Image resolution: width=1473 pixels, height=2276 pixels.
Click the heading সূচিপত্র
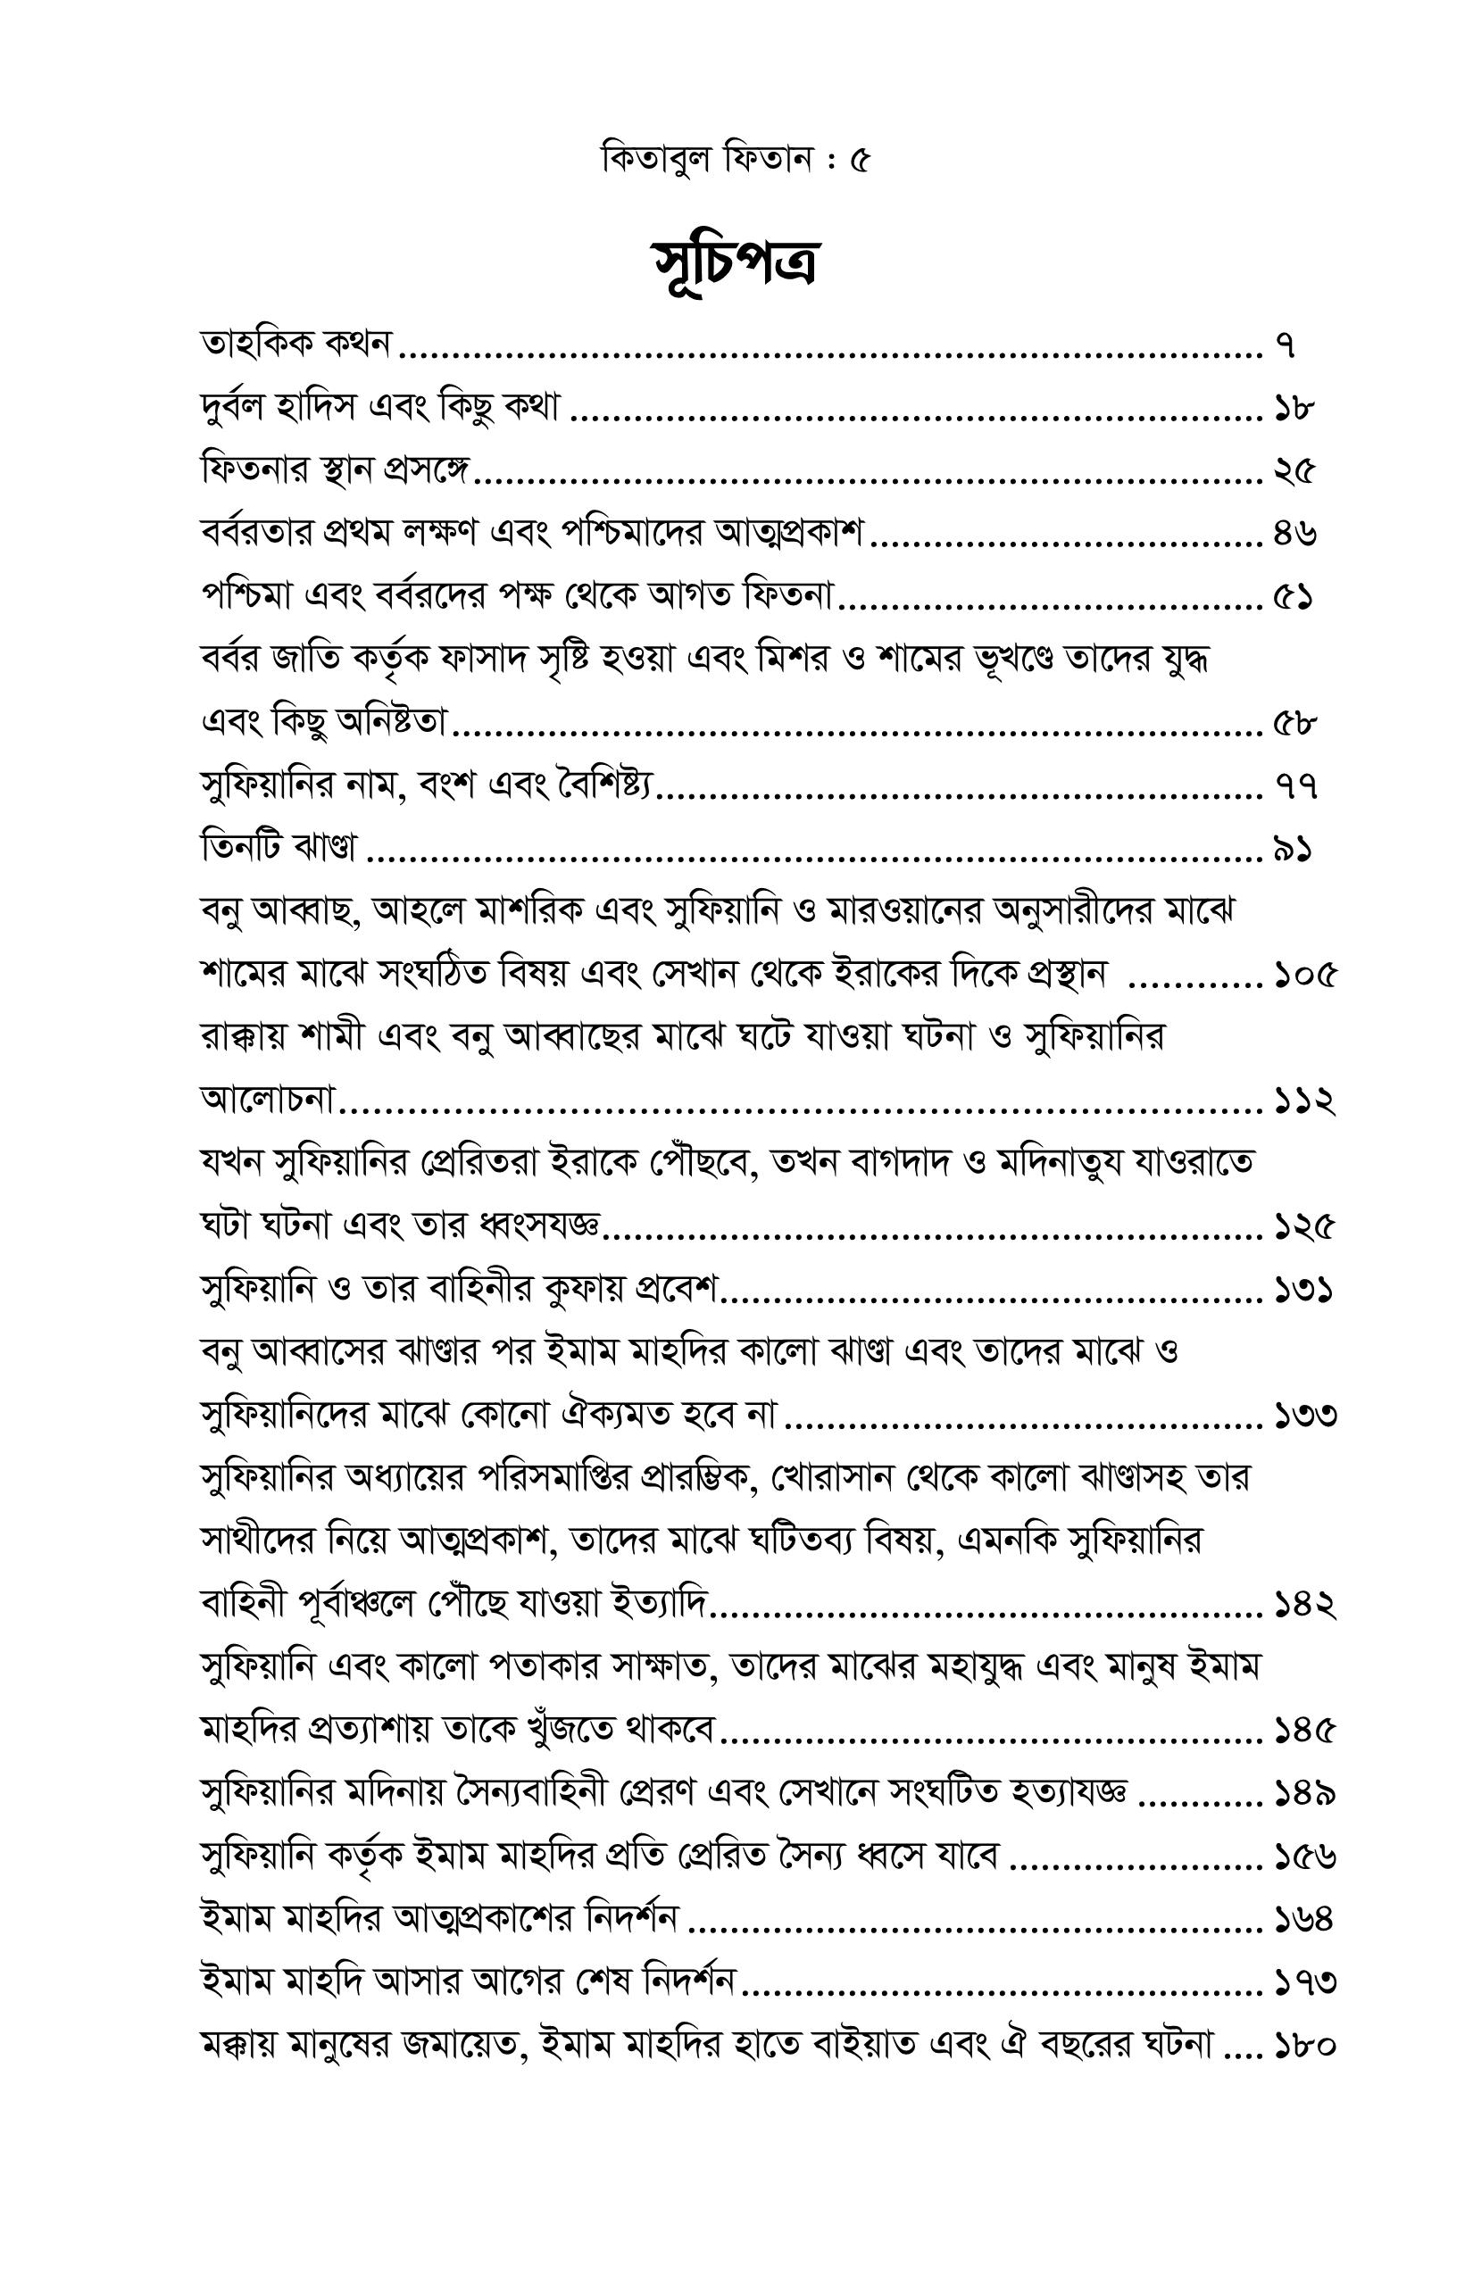coord(736,263)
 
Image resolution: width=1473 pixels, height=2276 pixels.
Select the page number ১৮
coord(1294,409)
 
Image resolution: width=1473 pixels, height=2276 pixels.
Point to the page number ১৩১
coord(1303,1291)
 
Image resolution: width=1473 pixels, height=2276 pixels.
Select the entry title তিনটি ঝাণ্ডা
coord(279,849)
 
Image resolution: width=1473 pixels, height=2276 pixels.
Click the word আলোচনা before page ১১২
coord(269,1101)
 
